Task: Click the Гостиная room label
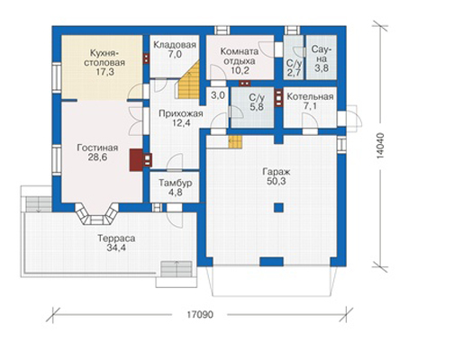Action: click(97, 148)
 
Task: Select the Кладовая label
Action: click(175, 45)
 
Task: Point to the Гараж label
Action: click(276, 172)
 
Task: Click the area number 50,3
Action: click(276, 181)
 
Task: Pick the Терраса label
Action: click(116, 238)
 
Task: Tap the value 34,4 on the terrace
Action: click(116, 247)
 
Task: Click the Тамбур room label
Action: click(175, 183)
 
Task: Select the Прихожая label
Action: click(181, 113)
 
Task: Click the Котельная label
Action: click(310, 96)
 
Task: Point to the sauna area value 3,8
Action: click(321, 67)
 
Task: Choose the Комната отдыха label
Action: click(240, 56)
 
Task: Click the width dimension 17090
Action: click(200, 315)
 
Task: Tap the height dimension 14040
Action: click(380, 146)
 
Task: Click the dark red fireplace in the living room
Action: click(136, 160)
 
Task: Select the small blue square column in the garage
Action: click(278, 208)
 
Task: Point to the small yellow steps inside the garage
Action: click(235, 142)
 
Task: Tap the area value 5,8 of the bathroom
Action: click(257, 106)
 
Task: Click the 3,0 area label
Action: click(218, 95)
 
